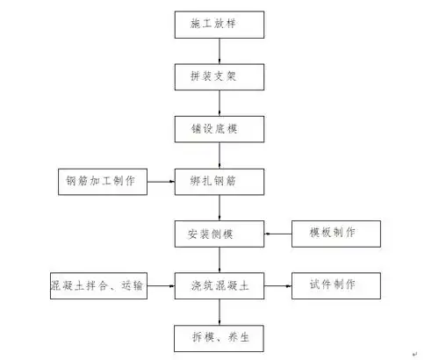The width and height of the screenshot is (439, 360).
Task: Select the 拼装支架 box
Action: click(x=219, y=78)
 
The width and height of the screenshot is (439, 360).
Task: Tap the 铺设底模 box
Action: click(x=219, y=130)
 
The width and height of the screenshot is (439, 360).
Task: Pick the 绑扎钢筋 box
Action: click(x=219, y=182)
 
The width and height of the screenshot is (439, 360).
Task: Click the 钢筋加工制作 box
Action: click(x=101, y=182)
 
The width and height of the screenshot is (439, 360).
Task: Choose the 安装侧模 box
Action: click(x=219, y=234)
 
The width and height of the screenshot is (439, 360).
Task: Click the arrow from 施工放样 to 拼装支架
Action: click(x=219, y=52)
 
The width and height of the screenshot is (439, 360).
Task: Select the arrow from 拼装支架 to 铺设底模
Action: click(x=219, y=104)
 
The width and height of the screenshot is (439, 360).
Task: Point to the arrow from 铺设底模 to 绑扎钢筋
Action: click(x=219, y=155)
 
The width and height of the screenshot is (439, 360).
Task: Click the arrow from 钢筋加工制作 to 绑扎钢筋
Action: click(x=160, y=182)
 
